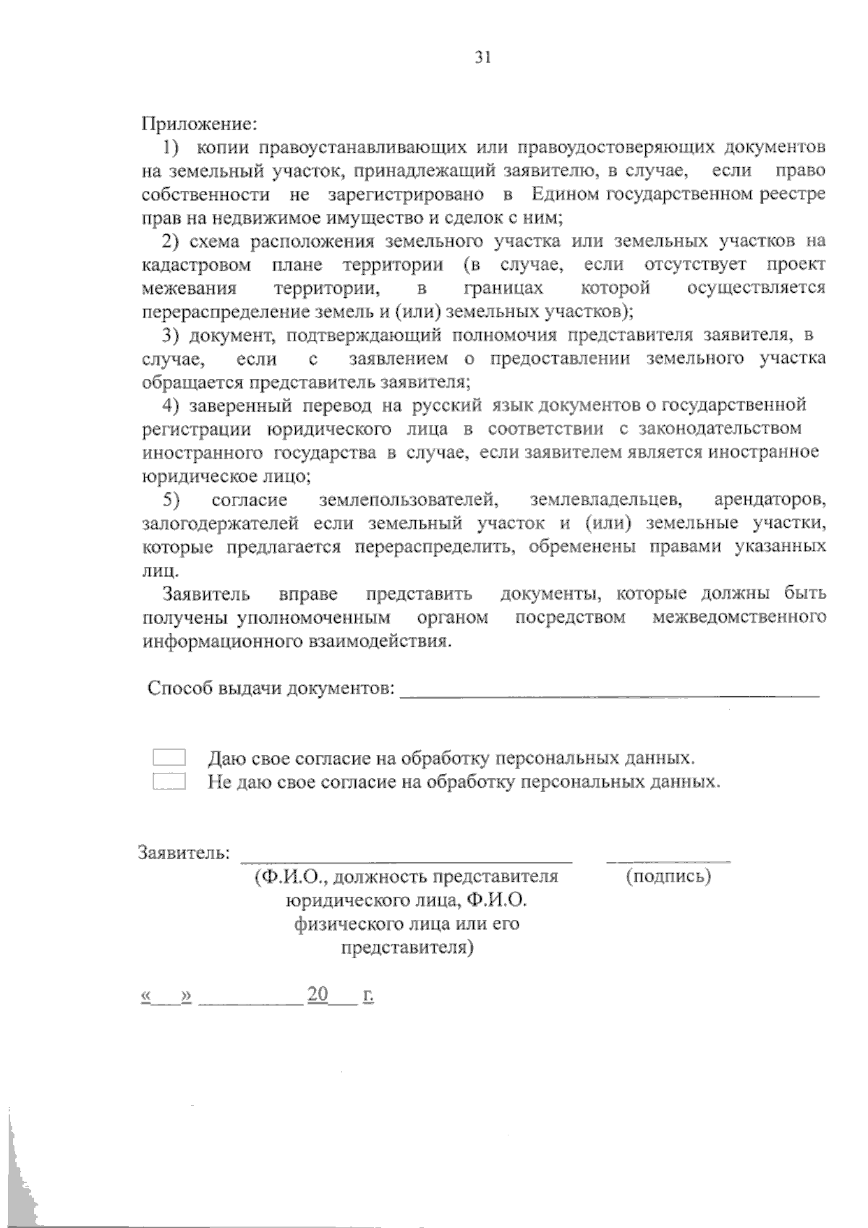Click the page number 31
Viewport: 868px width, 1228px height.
point(483,59)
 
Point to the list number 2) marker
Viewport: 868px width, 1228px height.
point(170,241)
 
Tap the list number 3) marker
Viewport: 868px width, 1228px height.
point(170,335)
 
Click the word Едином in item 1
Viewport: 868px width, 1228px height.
point(566,194)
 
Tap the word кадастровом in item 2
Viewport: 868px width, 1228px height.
point(197,265)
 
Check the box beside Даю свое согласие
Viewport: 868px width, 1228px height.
point(169,758)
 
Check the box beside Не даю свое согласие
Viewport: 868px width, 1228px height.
point(169,781)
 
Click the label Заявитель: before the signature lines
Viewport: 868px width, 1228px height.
point(184,853)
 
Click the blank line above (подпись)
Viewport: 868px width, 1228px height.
point(668,861)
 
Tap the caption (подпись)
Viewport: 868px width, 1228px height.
point(668,877)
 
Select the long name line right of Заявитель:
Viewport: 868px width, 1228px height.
point(406,861)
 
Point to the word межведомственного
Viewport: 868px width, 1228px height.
point(739,618)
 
